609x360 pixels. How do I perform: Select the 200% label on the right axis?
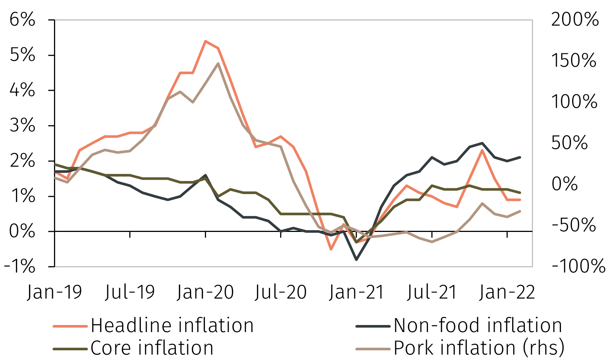(575, 20)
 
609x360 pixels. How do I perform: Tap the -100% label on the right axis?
(578, 267)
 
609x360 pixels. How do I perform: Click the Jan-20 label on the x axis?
(205, 292)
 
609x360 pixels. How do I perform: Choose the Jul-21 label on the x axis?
(432, 292)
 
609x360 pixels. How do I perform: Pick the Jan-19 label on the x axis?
(54, 292)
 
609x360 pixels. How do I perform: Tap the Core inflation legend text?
(152, 348)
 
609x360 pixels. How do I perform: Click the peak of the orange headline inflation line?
(205, 41)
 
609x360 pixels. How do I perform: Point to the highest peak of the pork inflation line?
(218, 63)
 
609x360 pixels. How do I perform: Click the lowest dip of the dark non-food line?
(356, 259)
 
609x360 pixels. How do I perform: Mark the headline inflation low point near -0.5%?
(331, 249)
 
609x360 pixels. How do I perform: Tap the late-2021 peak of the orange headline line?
(482, 150)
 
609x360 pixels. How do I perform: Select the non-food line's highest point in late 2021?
(482, 143)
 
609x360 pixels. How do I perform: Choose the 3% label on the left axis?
(22, 126)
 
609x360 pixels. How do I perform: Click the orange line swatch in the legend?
(70, 326)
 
